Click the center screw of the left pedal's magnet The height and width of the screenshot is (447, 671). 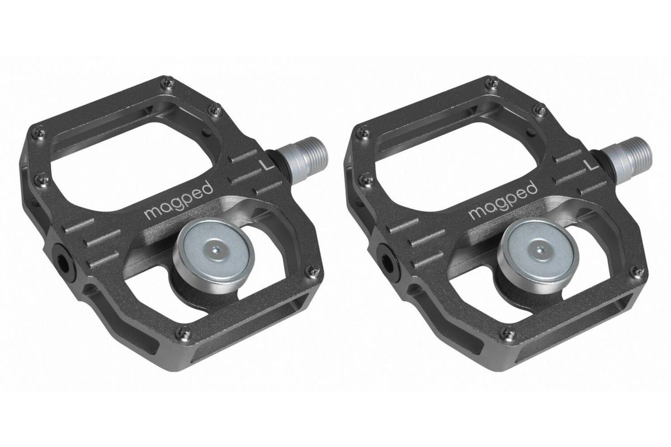point(215,250)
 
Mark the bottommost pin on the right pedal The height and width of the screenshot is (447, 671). point(508,334)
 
